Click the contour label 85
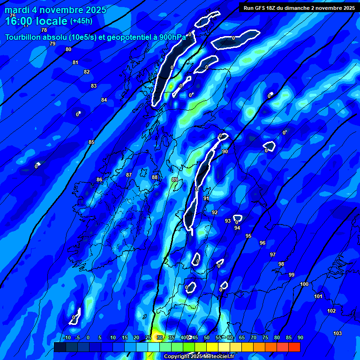coord(91,142)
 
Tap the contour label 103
coord(337,333)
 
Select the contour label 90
coord(225,151)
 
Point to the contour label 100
coord(304,285)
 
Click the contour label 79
coord(52,44)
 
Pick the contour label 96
coord(262,243)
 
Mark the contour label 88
coord(155,177)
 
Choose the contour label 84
coord(104,100)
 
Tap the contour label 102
coord(331,311)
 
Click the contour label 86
coord(99,180)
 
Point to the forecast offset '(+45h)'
coord(81,21)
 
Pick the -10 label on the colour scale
coord(67,337)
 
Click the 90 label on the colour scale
coord(300,337)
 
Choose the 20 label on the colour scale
coord(136,337)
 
